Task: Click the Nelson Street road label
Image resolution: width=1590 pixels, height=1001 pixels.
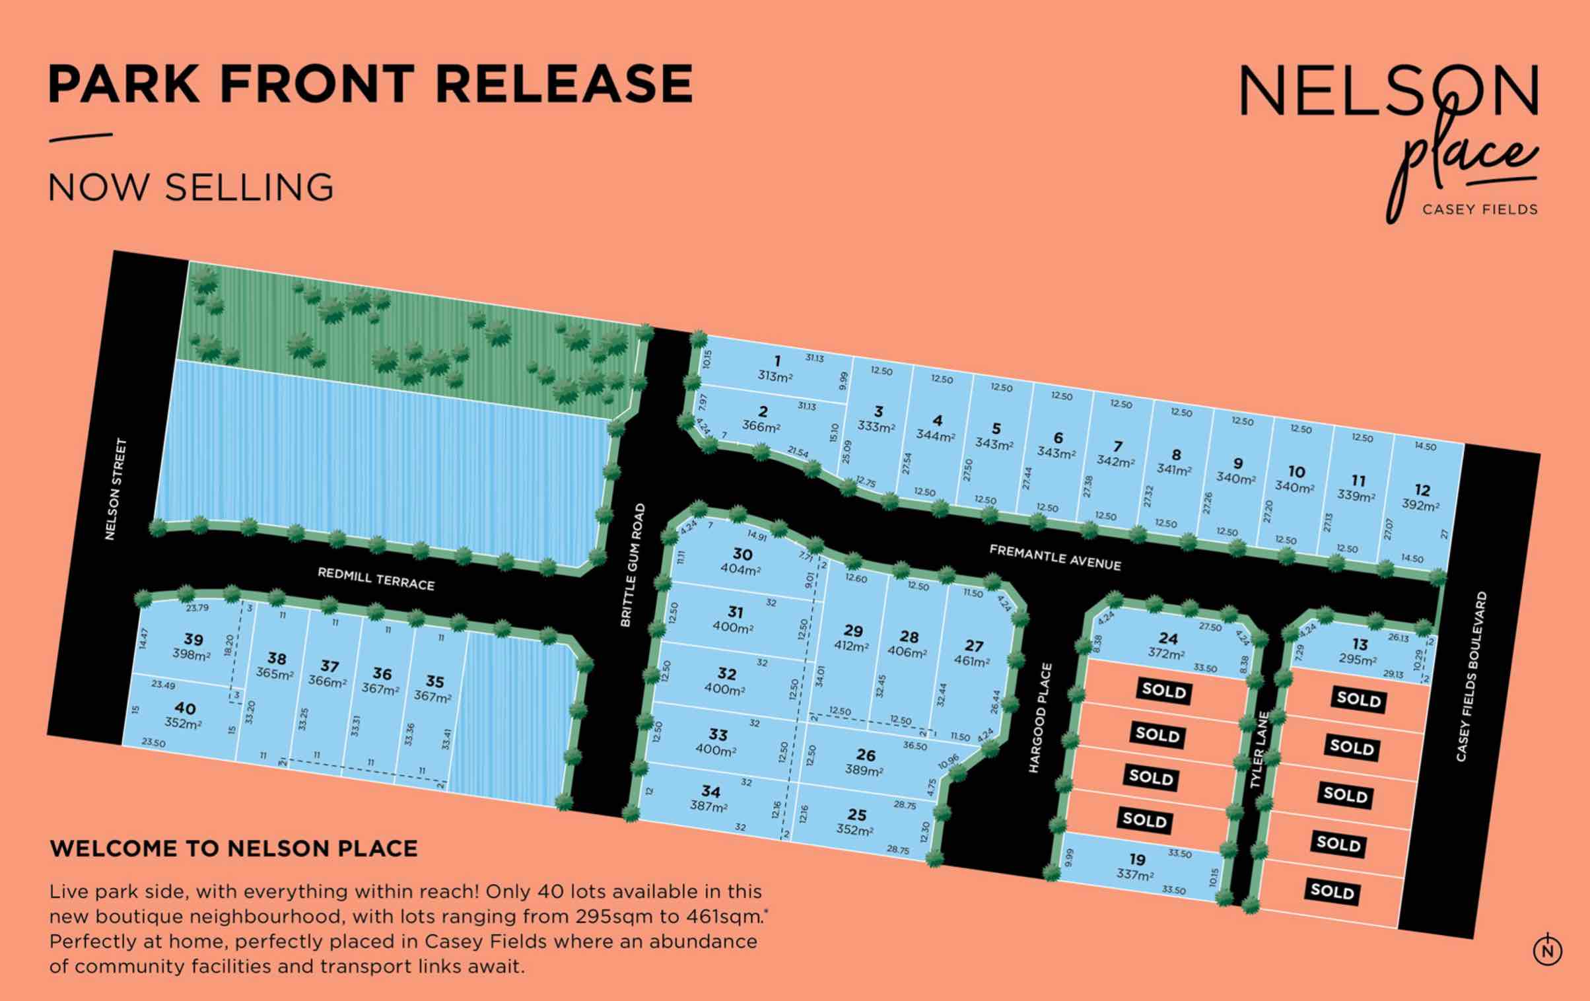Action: pos(116,489)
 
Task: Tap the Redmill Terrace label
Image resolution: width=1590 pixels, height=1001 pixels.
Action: pos(376,579)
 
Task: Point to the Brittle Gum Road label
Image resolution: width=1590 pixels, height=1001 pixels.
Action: pos(633,565)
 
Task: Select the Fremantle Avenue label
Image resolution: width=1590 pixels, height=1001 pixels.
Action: pos(1054,557)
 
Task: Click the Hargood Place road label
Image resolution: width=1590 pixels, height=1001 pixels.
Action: pos(1039,718)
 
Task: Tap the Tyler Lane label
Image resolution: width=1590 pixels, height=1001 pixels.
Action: pos(1259,749)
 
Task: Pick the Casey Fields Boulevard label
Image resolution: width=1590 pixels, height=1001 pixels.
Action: pos(1471,676)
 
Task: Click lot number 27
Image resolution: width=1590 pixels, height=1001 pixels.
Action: pos(974,646)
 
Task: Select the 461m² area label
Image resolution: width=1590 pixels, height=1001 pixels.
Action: pos(971,662)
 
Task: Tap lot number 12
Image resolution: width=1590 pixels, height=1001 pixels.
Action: pos(1423,490)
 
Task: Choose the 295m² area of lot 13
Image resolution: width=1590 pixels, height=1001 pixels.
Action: pos(1358,660)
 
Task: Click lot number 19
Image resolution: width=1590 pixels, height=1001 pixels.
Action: pos(1137,859)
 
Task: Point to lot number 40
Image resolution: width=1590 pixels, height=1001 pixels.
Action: pos(186,708)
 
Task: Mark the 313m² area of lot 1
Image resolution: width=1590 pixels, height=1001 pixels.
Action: pos(775,376)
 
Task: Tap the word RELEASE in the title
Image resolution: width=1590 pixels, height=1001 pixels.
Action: pos(564,84)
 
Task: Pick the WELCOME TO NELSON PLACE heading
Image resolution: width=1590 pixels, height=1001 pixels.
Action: pos(234,848)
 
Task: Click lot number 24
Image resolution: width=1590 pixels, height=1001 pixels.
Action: pos(1168,639)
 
